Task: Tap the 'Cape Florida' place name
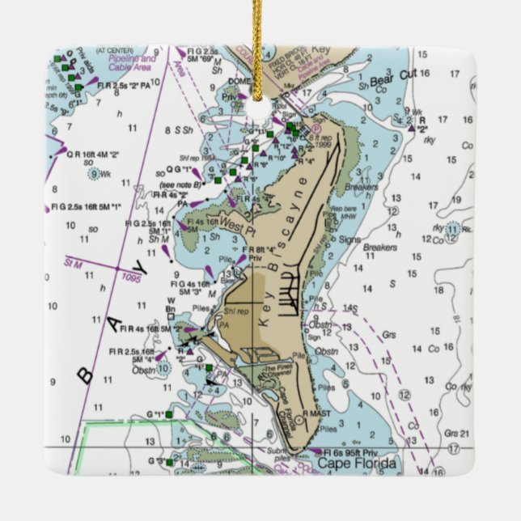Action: [357, 464]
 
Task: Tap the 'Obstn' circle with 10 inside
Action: [164, 367]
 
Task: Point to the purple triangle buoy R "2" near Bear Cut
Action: [412, 128]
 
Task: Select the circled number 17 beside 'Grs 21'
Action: [454, 447]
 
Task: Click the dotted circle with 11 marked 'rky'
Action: [452, 230]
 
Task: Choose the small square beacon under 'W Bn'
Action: [170, 317]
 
